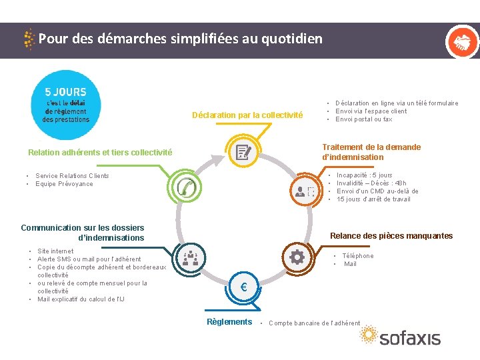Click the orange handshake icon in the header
[x=461, y=42]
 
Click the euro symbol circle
[x=243, y=287]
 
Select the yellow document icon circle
[x=243, y=153]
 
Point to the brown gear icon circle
[x=297, y=257]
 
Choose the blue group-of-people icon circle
[x=190, y=257]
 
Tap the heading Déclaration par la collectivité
[x=247, y=115]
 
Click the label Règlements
[x=229, y=322]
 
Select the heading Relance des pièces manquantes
[x=391, y=235]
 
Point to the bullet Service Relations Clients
[x=72, y=176]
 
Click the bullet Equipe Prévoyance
[x=64, y=184]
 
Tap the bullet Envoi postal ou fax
[x=364, y=119]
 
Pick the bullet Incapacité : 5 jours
[x=364, y=175]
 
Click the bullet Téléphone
[x=357, y=256]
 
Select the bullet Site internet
[x=55, y=251]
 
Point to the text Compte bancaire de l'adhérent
[x=314, y=323]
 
